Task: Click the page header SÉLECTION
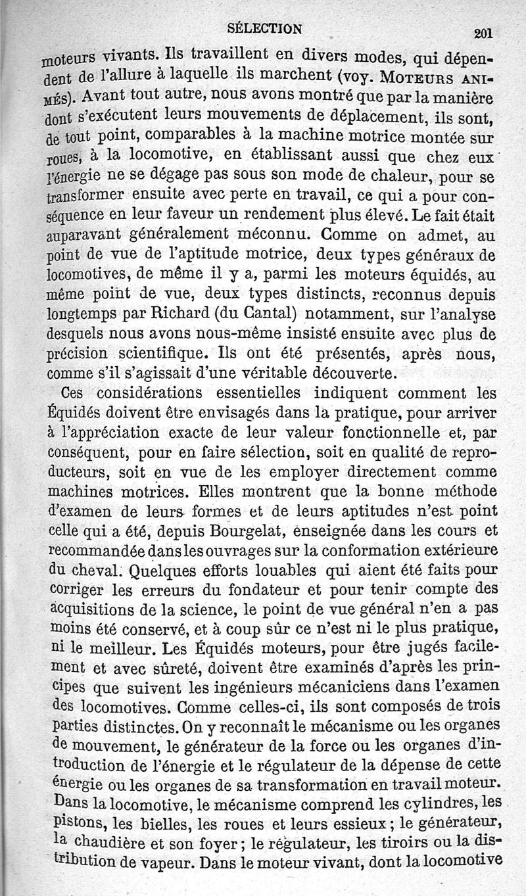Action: (264, 28)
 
